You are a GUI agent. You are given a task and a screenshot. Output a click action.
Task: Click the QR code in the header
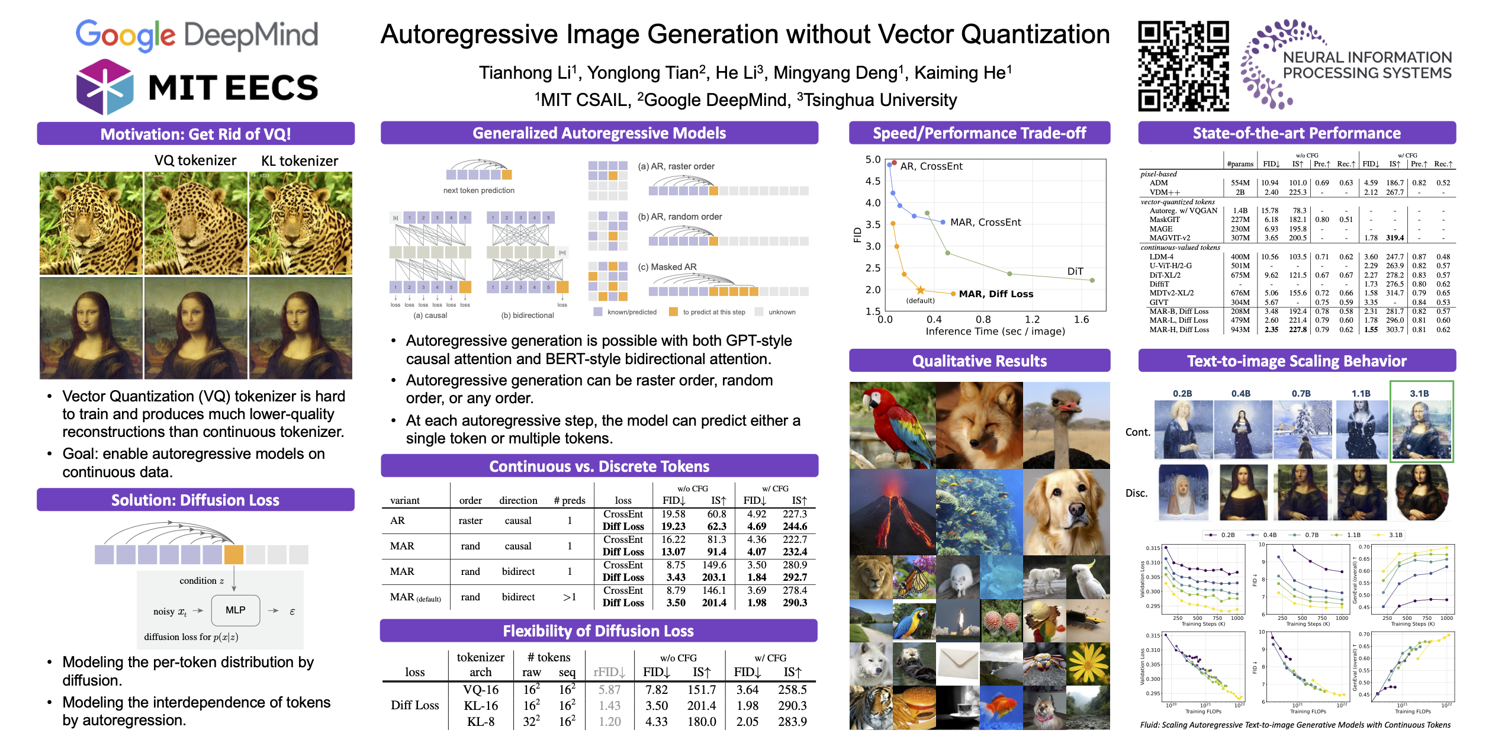click(x=1183, y=66)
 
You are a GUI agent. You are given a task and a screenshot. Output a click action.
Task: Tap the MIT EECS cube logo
click(x=105, y=86)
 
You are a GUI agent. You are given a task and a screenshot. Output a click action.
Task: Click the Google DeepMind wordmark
click(x=197, y=35)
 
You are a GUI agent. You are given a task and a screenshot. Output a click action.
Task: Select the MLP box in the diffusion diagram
click(x=235, y=610)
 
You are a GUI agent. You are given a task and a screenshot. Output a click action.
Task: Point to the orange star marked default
click(x=920, y=290)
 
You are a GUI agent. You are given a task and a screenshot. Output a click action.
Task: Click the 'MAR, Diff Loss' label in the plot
click(x=996, y=294)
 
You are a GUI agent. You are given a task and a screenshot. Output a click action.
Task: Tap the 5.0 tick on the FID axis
click(x=873, y=160)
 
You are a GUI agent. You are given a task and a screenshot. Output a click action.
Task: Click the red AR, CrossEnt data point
click(x=894, y=163)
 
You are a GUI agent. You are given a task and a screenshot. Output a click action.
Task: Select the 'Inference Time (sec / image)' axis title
click(x=995, y=332)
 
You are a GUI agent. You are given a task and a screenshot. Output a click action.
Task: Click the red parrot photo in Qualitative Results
click(x=892, y=425)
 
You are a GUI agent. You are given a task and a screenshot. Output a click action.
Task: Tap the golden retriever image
click(x=1066, y=512)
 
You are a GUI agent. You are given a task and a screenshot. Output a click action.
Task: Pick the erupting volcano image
click(x=892, y=512)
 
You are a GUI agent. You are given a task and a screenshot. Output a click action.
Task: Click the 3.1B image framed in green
click(x=1421, y=429)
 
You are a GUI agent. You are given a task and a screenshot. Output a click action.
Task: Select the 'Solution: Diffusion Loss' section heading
click(x=195, y=500)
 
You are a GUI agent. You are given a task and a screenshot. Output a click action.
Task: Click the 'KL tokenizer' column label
click(x=300, y=161)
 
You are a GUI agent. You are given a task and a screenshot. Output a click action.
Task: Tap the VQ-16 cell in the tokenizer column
click(x=481, y=690)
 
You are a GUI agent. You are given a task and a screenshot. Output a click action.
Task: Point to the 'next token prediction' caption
click(x=478, y=191)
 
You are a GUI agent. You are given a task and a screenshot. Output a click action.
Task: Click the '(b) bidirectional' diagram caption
click(x=527, y=316)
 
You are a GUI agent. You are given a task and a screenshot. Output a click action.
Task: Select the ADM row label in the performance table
click(x=1159, y=183)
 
